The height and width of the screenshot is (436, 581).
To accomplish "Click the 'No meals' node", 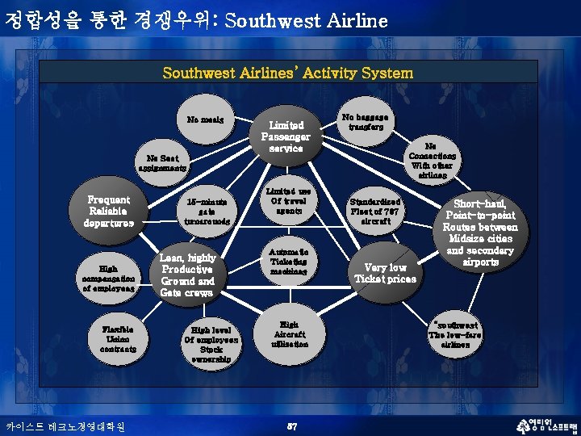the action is [206, 120].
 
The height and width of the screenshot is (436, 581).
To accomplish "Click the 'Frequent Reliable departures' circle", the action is [110, 210].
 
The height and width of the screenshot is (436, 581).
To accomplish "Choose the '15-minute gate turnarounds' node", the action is [207, 211].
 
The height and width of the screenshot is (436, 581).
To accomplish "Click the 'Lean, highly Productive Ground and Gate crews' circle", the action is [187, 275].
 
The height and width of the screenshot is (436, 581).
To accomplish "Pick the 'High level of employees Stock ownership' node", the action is [211, 345].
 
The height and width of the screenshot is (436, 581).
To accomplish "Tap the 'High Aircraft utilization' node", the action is [289, 333].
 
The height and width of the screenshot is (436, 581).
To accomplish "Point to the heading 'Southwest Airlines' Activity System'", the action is [288, 73].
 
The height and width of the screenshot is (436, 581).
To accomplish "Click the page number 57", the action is [293, 425].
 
